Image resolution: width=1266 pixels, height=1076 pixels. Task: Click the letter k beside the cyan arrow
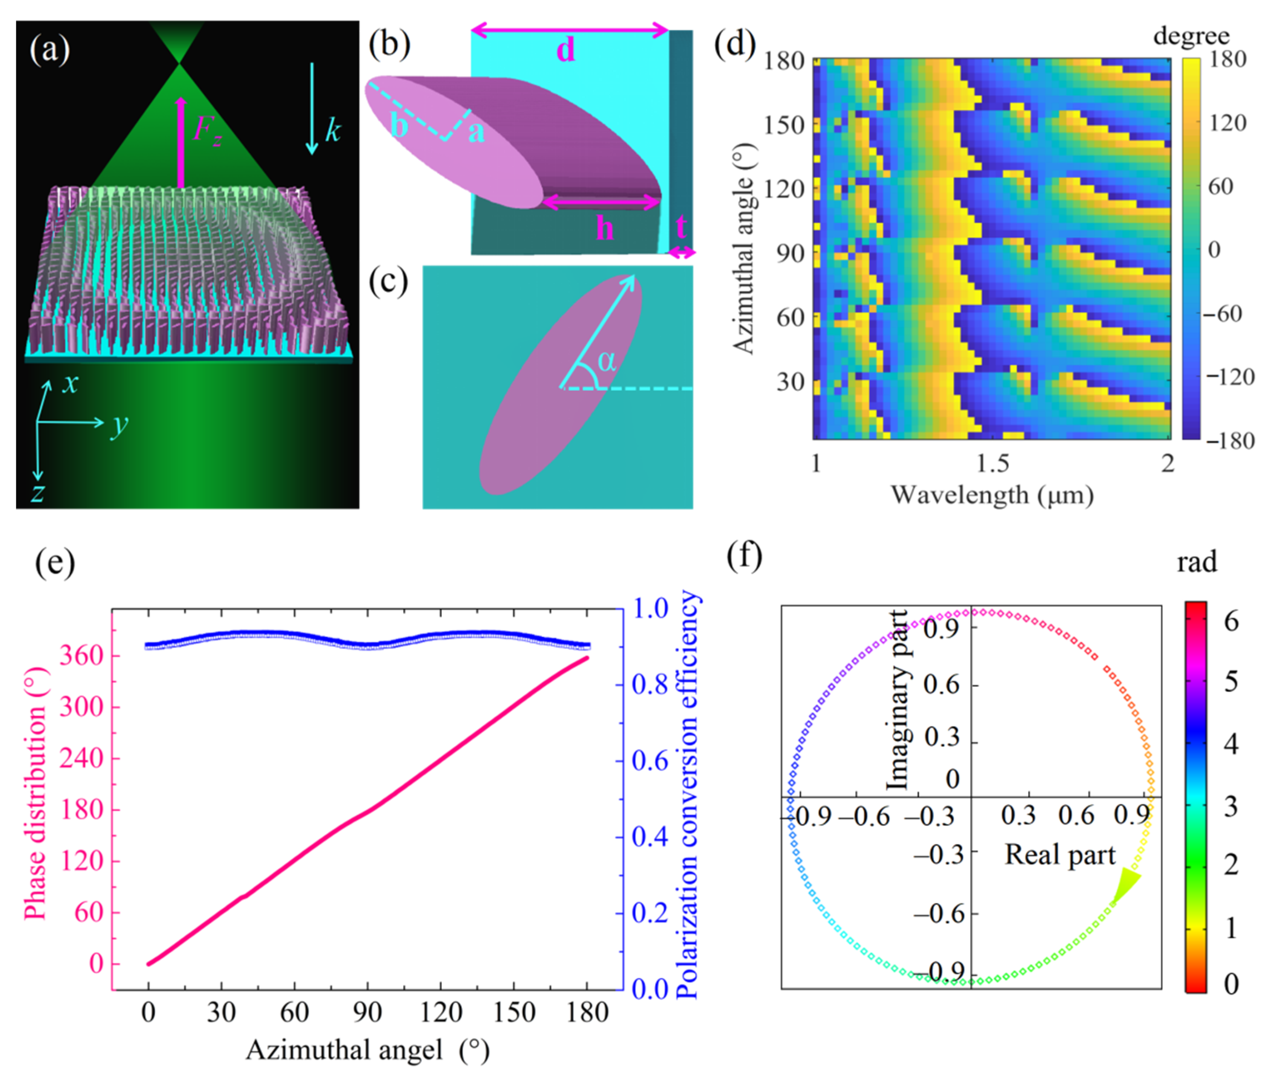click(x=333, y=131)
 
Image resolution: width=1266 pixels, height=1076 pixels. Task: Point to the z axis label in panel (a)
click(x=38, y=491)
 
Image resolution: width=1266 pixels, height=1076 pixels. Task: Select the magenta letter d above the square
click(x=566, y=50)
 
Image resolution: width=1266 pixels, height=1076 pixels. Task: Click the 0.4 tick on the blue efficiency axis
click(x=650, y=837)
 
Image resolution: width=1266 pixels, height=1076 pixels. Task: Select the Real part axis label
click(x=1060, y=855)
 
